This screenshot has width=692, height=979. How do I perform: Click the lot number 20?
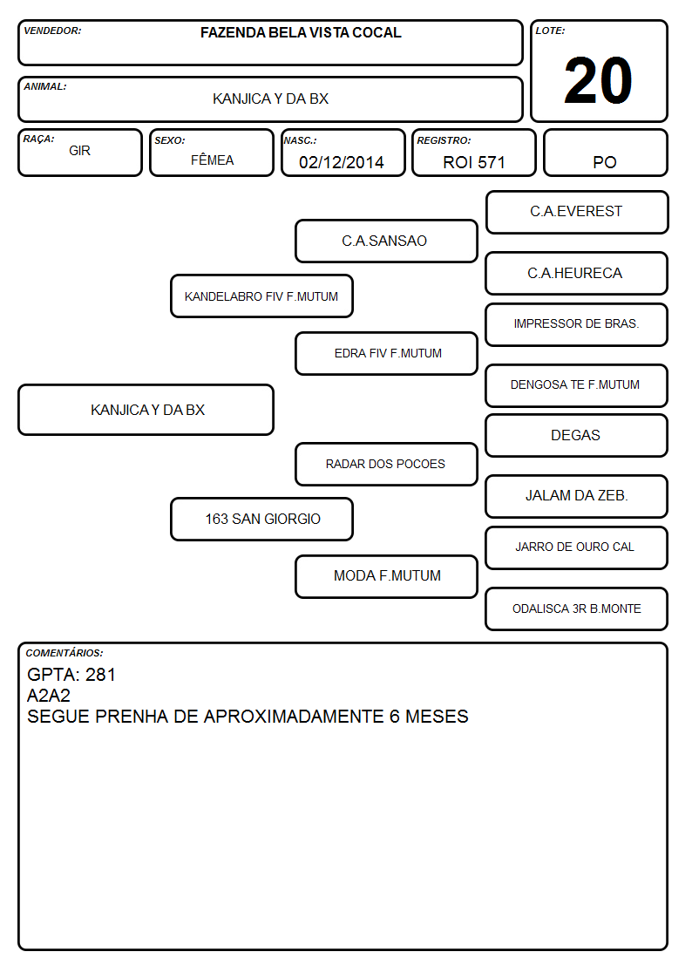point(598,80)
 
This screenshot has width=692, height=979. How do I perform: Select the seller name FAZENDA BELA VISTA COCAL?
point(301,32)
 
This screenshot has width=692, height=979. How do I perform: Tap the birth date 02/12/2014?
point(342,162)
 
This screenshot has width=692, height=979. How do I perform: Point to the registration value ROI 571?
point(473,162)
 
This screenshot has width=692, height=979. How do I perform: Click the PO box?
point(605,153)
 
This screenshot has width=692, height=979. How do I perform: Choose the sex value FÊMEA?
point(212,160)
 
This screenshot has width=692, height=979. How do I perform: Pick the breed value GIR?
point(80,151)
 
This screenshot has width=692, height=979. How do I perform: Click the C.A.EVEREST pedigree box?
point(577,213)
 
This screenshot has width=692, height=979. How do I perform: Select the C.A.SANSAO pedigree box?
point(386,241)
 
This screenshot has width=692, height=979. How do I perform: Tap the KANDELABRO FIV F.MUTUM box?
point(261,296)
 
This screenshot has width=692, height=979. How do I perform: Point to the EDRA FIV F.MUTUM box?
point(386,353)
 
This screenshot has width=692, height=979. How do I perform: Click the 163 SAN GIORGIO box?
point(261,519)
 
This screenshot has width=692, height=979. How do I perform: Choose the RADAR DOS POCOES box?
point(386,464)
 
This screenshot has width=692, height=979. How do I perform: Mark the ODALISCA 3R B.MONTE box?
point(577,608)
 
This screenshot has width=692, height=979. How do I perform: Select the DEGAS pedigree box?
point(577,435)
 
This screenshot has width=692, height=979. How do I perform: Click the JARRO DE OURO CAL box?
point(577,547)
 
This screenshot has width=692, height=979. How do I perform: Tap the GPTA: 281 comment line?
point(71,674)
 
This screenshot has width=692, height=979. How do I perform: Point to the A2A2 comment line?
point(49,696)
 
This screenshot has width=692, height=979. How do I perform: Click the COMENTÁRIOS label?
point(64,653)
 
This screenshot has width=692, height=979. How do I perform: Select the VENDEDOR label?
point(52,31)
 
